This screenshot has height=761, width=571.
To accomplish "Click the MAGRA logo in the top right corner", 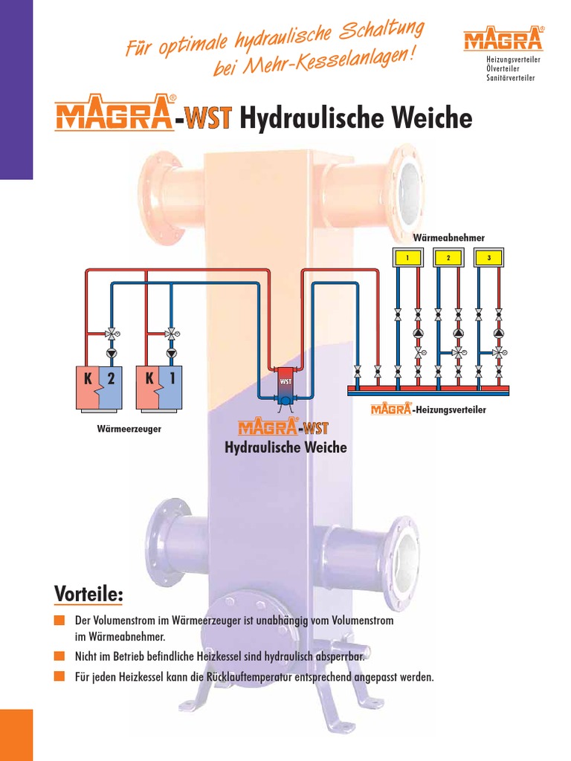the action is (x=503, y=39).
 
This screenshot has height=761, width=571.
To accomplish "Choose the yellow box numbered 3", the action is (x=488, y=258).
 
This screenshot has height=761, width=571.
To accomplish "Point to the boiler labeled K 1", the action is (x=159, y=387).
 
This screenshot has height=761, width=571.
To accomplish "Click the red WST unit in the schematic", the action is (x=284, y=380).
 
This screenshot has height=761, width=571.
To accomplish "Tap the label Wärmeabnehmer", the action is (x=448, y=238).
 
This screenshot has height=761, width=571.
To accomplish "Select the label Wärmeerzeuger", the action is (x=129, y=429).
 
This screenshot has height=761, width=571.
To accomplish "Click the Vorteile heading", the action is (x=88, y=595).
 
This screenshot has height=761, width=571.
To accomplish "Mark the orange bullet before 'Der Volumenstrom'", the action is (x=59, y=621).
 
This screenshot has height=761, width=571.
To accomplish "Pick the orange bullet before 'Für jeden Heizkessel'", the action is (x=59, y=677).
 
